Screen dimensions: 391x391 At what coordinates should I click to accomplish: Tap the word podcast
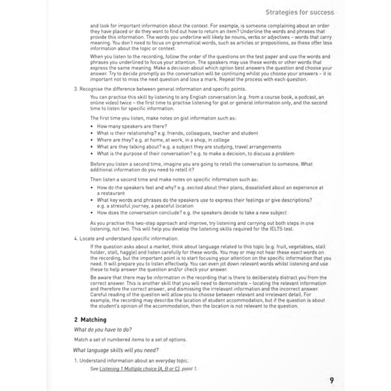[x=281, y=97]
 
